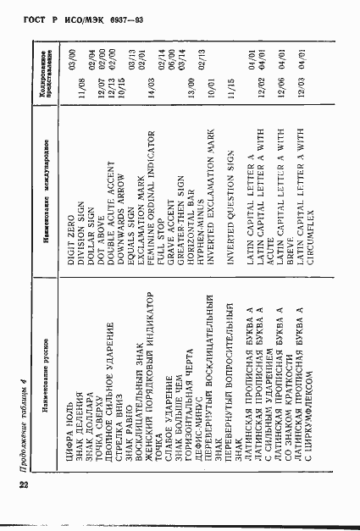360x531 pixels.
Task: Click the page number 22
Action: pos(22,484)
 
